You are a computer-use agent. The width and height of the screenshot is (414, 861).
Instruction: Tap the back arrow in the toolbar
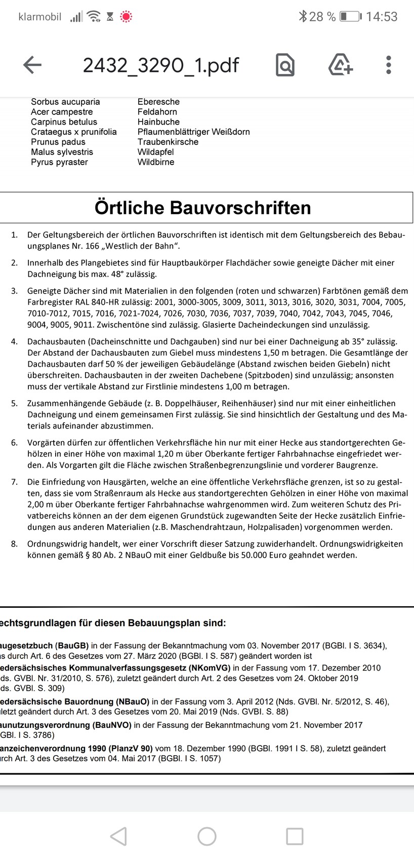pyautogui.click(x=32, y=65)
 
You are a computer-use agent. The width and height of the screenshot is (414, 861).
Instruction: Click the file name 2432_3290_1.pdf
pyautogui.click(x=160, y=65)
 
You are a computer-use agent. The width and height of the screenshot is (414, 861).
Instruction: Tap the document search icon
pyautogui.click(x=285, y=65)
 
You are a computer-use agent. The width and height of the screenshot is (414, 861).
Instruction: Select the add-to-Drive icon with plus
pyautogui.click(x=341, y=65)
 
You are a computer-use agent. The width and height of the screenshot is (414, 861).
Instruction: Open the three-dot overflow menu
pyautogui.click(x=388, y=65)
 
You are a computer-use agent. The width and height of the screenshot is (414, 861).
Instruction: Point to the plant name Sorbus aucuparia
pyautogui.click(x=65, y=102)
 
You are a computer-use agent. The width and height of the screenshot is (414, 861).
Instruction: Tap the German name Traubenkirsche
pyautogui.click(x=168, y=142)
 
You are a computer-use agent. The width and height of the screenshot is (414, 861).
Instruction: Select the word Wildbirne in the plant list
pyautogui.click(x=155, y=162)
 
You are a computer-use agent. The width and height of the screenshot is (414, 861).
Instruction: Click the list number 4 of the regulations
pyautogui.click(x=14, y=341)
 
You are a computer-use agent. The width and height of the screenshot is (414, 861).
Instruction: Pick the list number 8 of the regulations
pyautogui.click(x=14, y=544)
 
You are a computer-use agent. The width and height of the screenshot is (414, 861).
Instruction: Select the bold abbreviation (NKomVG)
pyautogui.click(x=208, y=668)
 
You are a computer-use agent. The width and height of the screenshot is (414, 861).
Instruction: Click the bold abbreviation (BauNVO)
pyautogui.click(x=112, y=725)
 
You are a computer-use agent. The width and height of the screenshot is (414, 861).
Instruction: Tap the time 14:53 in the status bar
pyautogui.click(x=382, y=17)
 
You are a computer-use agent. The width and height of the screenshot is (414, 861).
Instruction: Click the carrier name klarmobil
pyautogui.click(x=39, y=17)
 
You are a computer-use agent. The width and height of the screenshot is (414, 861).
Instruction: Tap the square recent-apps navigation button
pyautogui.click(x=295, y=836)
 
